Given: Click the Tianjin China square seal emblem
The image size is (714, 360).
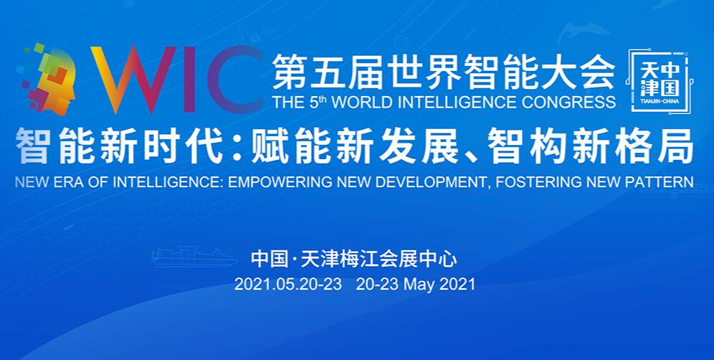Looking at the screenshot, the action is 661,82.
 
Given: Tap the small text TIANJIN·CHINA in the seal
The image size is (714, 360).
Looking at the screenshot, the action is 660,100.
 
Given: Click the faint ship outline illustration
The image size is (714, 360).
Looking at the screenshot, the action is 194,257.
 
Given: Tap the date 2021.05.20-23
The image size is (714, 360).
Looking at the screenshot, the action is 287,284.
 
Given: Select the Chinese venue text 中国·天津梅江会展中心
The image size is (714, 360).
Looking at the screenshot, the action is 354,260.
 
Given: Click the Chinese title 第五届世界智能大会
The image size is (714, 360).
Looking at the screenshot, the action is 444,72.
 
